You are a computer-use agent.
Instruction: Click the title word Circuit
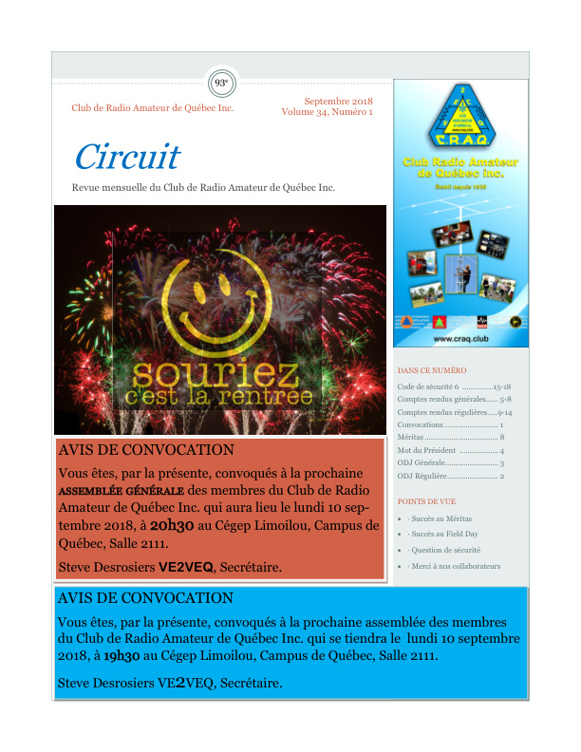point(126,157)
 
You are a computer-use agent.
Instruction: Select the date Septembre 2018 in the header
point(338,101)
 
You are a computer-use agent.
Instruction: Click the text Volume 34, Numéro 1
point(327,112)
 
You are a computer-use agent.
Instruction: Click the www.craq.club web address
point(460,338)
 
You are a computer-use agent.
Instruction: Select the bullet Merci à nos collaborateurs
point(453,566)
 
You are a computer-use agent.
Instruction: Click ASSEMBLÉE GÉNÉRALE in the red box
point(121,493)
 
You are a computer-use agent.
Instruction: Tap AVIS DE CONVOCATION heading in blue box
point(145,598)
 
